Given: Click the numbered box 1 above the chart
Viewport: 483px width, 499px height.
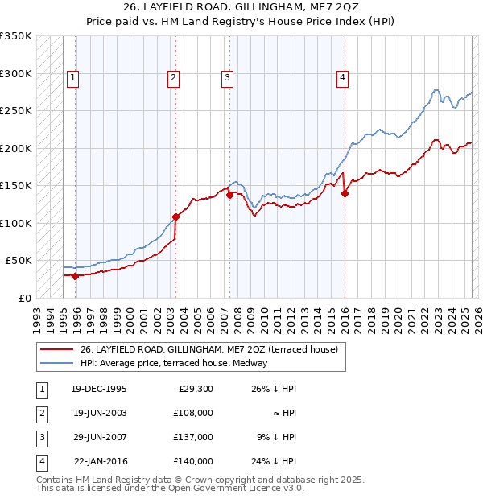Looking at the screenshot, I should (73, 78).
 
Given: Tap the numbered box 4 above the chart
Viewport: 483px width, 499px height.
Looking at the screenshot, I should (342, 78).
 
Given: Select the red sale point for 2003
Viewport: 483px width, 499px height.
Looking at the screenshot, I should (175, 217).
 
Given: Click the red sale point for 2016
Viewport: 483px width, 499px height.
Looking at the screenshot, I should (345, 193).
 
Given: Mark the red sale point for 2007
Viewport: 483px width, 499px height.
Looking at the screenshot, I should (229, 195).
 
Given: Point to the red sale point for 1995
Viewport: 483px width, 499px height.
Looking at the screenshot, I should (76, 276).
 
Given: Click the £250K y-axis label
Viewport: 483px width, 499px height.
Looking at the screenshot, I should (16, 110).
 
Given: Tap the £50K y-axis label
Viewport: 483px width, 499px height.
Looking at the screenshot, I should (19, 261).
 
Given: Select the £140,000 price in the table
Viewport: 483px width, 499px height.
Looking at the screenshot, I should (193, 461).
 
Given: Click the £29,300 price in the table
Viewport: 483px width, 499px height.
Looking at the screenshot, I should (196, 389).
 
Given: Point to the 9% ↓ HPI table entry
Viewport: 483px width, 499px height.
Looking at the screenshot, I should (276, 437).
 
